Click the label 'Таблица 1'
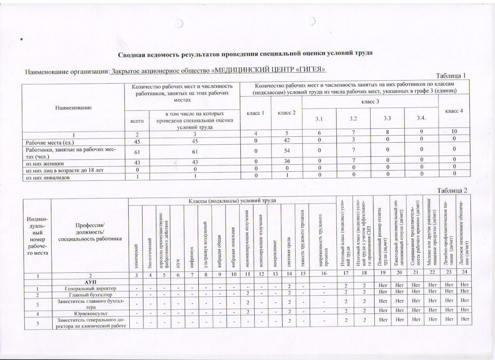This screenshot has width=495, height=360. click(x=450, y=76)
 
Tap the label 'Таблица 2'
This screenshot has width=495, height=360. click(x=452, y=190)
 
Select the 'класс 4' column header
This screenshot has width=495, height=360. click(x=454, y=111)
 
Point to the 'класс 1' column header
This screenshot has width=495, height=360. click(x=255, y=113)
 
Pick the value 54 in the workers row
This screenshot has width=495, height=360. click(x=287, y=151)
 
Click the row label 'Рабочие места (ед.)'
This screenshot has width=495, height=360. click(x=50, y=143)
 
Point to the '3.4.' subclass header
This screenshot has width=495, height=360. click(x=421, y=118)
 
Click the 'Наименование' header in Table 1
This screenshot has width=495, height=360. click(x=73, y=108)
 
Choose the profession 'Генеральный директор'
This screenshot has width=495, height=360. click(x=90, y=289)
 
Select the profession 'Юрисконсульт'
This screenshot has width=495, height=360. click(x=90, y=313)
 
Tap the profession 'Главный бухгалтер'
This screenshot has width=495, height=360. click(x=90, y=295)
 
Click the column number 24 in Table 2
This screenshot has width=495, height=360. click(x=464, y=272)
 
